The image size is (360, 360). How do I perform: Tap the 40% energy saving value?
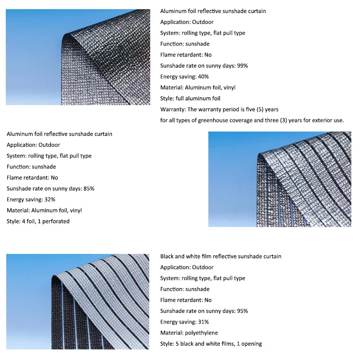coord(203,77)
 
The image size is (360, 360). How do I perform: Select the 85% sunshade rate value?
coord(88,189)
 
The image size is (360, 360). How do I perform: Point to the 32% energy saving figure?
coord(49,200)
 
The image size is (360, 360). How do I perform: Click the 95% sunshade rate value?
coord(242,311)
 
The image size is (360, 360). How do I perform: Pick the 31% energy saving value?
coord(203,322)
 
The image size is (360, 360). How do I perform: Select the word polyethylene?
coord(201,333)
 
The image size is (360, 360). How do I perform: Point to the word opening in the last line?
coord(252,344)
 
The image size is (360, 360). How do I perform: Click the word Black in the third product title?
coord(168,256)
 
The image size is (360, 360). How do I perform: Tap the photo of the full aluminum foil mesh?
coord(78,57)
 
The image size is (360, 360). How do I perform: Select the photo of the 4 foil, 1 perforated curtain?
coord(279,179)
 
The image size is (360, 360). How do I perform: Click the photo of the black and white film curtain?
coord(78,301)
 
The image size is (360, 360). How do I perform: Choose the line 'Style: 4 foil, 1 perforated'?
coord(38,222)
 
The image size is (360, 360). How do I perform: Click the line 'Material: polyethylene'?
coord(189,333)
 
